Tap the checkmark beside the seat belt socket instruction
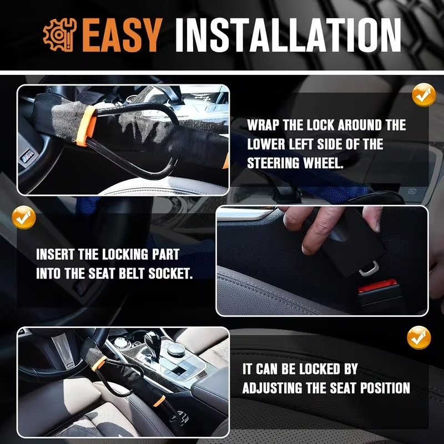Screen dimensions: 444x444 [23, 218]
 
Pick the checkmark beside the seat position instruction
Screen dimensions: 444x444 [419, 338]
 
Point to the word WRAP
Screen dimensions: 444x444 [264, 125]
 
